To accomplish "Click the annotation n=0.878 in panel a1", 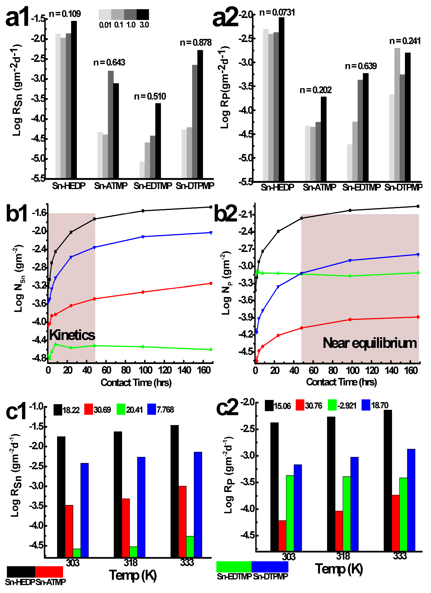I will click(x=195, y=43).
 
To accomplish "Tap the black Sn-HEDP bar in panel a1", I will click(x=74, y=99).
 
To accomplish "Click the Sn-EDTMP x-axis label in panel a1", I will click(x=153, y=186).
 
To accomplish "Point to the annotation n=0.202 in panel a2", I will click(x=315, y=90).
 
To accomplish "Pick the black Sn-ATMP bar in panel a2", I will click(x=324, y=139).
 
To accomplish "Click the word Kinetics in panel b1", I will click(x=72, y=335).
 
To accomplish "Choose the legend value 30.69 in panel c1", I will click(x=102, y=410).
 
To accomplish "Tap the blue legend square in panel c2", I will click(x=366, y=405).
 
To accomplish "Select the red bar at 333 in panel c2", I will click(x=395, y=523).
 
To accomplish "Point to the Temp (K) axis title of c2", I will click(x=339, y=570).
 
